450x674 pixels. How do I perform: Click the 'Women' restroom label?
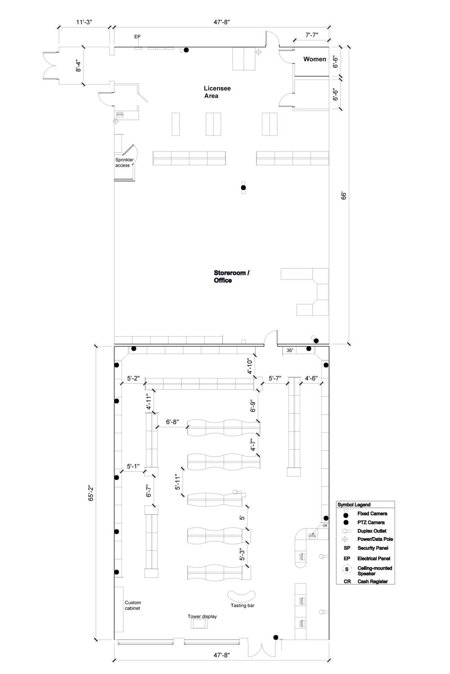pyautogui.click(x=315, y=59)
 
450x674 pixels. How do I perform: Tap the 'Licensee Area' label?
pyautogui.click(x=217, y=92)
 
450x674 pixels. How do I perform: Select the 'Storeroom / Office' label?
pyautogui.click(x=231, y=276)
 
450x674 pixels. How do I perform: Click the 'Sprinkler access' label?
pyautogui.click(x=124, y=163)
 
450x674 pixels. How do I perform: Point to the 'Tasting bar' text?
pyautogui.click(x=243, y=605)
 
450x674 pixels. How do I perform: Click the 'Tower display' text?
pyautogui.click(x=202, y=616)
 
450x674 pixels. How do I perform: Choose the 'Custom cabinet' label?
pyautogui.click(x=133, y=605)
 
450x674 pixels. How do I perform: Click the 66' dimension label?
pyautogui.click(x=344, y=196)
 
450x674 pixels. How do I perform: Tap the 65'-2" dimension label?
pyautogui.click(x=91, y=492)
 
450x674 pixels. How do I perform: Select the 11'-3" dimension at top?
pyautogui.click(x=84, y=22)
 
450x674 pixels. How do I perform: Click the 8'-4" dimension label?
pyautogui.click(x=78, y=66)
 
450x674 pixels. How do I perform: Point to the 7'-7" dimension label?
pyautogui.click(x=312, y=35)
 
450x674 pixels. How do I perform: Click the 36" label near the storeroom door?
pyautogui.click(x=290, y=350)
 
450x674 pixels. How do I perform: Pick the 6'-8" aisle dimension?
pyautogui.click(x=172, y=422)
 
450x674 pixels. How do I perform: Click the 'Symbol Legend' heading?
pyautogui.click(x=354, y=505)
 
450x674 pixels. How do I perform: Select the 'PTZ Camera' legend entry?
pyautogui.click(x=371, y=522)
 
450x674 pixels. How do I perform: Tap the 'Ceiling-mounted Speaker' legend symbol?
pyautogui.click(x=346, y=569)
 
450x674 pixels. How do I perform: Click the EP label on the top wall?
pyautogui.click(x=137, y=37)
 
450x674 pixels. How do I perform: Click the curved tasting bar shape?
pyautogui.click(x=241, y=595)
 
